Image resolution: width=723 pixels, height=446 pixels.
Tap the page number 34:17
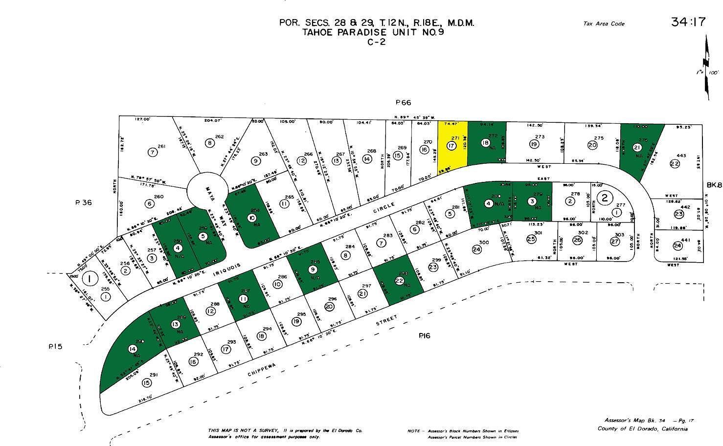[688, 22]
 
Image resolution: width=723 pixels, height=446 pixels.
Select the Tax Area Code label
[604, 23]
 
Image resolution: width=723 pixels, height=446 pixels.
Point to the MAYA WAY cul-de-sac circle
[207, 188]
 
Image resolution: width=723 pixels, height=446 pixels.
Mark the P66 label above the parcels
[404, 103]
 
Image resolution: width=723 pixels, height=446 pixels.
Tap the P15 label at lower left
[56, 346]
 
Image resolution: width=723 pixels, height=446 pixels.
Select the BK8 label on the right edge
[714, 185]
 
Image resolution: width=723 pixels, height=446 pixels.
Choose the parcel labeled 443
[678, 159]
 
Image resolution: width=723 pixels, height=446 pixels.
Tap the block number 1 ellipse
[89, 279]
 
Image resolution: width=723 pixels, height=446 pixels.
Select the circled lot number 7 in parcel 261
[153, 152]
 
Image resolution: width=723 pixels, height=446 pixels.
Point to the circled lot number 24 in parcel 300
[477, 249]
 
